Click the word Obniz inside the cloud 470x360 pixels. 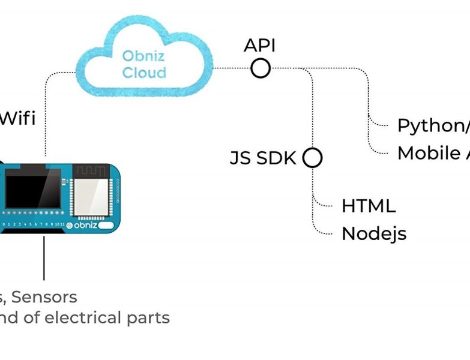[144, 56]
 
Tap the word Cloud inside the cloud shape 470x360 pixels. [144, 73]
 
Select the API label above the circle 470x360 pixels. [260, 46]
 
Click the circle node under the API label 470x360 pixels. [261, 68]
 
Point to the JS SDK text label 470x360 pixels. [263, 158]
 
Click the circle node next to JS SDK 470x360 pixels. [312, 158]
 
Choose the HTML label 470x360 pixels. [369, 206]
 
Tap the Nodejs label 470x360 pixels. [374, 233]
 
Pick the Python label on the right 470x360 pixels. [430, 125]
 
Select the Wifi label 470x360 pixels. [17, 118]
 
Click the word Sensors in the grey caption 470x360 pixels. [44, 296]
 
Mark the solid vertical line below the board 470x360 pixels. [44, 258]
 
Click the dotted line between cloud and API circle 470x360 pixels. [232, 68]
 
